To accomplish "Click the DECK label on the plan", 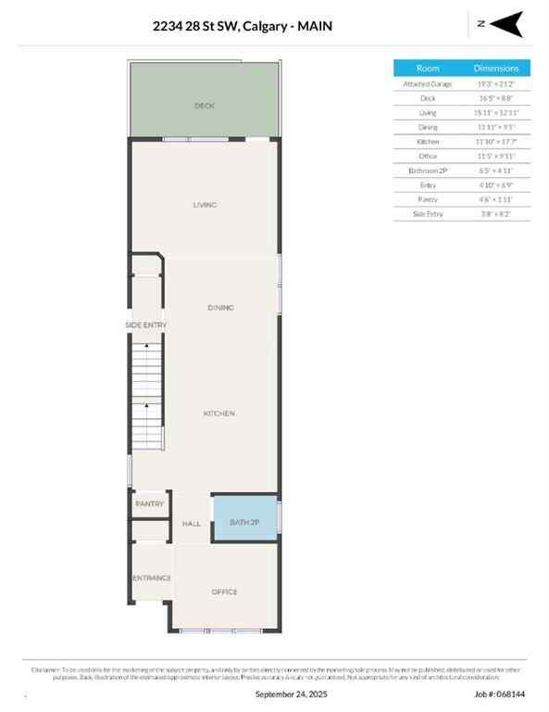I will pyautogui.click(x=205, y=106).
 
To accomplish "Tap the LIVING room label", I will pyautogui.click(x=205, y=204).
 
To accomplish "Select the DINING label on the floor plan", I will pyautogui.click(x=220, y=307).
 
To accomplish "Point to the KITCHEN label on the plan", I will pyautogui.click(x=219, y=413).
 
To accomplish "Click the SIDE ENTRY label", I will pyautogui.click(x=146, y=325).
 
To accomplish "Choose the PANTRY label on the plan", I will pyautogui.click(x=149, y=504).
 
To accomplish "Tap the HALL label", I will pyautogui.click(x=192, y=524).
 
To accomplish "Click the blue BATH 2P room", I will pyautogui.click(x=245, y=523).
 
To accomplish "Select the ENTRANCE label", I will pyautogui.click(x=151, y=578).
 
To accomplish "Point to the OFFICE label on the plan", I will pyautogui.click(x=225, y=591).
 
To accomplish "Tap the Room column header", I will pyautogui.click(x=428, y=69).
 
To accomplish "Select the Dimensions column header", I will pyautogui.click(x=503, y=69).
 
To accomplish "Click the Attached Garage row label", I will pyautogui.click(x=428, y=83).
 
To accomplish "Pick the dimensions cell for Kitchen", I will pyautogui.click(x=503, y=142).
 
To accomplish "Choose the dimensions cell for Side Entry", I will pyautogui.click(x=503, y=214).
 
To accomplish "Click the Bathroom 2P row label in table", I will pyautogui.click(x=428, y=171).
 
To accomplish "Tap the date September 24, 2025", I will pyautogui.click(x=291, y=693).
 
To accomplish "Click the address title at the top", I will pyautogui.click(x=243, y=27).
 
